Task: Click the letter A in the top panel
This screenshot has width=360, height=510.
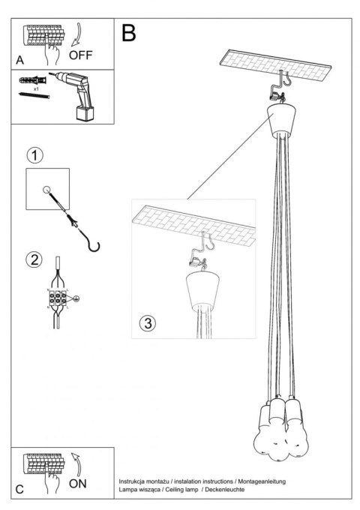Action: (19, 59)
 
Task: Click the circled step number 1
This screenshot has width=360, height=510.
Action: (34, 156)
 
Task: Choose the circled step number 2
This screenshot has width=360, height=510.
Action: (34, 261)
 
